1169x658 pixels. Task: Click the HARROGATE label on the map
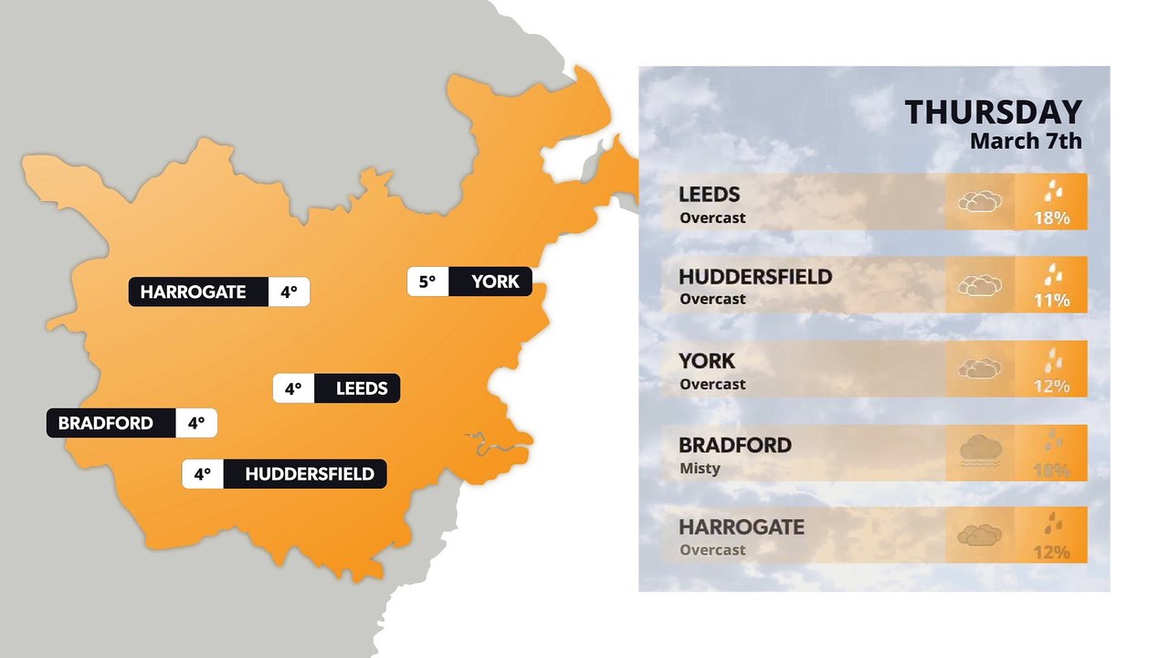click(194, 292)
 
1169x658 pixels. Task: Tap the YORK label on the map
click(495, 281)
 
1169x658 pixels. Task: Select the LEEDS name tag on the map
click(362, 388)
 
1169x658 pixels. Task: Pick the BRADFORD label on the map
click(105, 424)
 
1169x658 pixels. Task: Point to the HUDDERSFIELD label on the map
click(310, 474)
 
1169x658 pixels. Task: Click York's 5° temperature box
click(427, 281)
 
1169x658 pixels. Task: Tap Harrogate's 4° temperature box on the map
click(290, 292)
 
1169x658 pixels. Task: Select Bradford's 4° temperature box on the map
click(196, 424)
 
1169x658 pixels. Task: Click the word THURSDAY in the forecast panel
click(993, 112)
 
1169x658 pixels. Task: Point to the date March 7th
click(1025, 141)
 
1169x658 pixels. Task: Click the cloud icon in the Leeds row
click(979, 201)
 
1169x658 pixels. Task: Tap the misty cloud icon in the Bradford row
click(980, 451)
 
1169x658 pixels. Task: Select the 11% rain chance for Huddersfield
click(1051, 300)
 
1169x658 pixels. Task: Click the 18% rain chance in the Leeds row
click(1051, 218)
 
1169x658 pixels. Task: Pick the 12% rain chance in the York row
click(1051, 386)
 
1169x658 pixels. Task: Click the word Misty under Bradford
click(700, 469)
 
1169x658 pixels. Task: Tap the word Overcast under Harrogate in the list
click(712, 550)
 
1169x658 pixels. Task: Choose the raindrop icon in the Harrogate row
click(1053, 525)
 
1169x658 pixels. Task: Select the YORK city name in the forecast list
click(706, 361)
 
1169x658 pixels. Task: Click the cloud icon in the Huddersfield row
click(979, 285)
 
